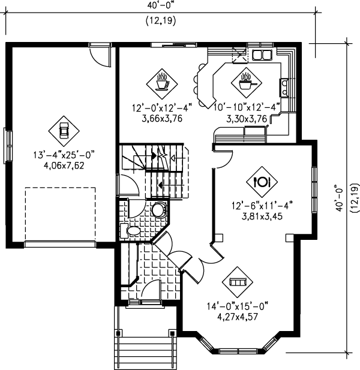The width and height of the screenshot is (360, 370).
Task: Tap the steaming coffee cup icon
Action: click(162, 80)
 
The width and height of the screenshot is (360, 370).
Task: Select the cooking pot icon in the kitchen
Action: click(245, 80)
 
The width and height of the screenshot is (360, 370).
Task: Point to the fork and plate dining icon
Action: click(262, 181)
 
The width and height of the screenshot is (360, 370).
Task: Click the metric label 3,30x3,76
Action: click(245, 119)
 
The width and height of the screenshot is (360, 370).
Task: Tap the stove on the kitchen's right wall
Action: click(284, 89)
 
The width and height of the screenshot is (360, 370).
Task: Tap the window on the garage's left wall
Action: click(8, 145)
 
